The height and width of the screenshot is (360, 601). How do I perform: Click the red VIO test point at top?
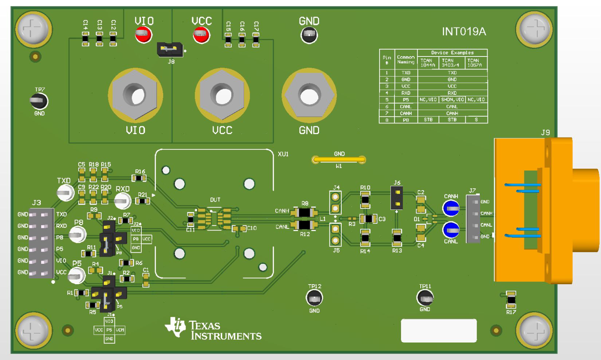tap(143, 35)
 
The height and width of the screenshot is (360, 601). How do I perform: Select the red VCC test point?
tap(201, 35)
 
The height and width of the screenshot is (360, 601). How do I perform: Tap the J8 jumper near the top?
tap(170, 49)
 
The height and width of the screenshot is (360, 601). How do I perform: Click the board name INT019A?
tap(464, 32)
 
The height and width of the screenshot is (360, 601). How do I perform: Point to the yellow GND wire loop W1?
tap(338, 159)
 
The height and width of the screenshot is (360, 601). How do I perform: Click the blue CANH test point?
tap(451, 208)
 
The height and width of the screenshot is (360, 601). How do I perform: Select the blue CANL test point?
tap(451, 230)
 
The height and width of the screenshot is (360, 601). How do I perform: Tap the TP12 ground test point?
tap(314, 298)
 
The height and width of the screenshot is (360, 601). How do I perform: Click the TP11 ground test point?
tap(425, 297)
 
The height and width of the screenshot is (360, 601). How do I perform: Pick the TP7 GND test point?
tap(39, 101)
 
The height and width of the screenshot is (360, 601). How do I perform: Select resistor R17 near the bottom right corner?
tap(511, 300)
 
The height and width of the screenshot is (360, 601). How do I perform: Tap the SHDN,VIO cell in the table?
tap(452, 100)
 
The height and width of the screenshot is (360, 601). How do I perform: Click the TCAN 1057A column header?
tap(475, 63)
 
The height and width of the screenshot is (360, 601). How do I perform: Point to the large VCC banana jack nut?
tap(222, 95)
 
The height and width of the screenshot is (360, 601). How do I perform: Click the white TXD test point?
tap(65, 193)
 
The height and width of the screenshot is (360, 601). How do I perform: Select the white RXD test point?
tap(122, 201)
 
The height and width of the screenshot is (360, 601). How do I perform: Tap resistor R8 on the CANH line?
tap(304, 212)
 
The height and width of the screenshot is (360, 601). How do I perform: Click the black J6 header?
tap(397, 198)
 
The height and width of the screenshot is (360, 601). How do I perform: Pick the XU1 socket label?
tap(283, 154)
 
